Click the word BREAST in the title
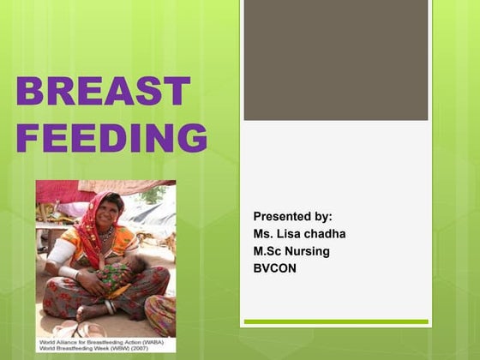[x=104, y=92]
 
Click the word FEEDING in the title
[x=111, y=137]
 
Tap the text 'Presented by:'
[x=292, y=217]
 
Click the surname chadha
[x=327, y=234]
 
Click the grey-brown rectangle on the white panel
[x=335, y=60]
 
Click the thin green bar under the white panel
[x=335, y=322]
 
